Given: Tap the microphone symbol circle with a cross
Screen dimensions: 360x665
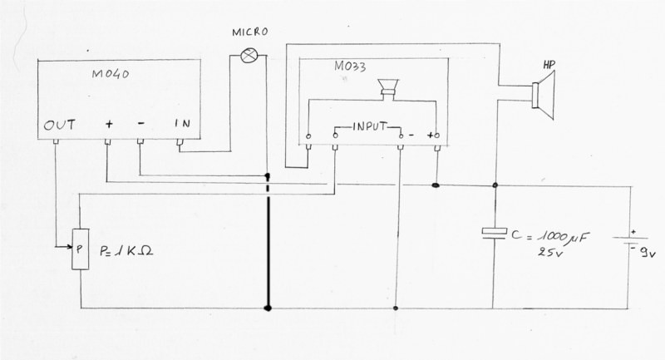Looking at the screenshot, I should [247, 55].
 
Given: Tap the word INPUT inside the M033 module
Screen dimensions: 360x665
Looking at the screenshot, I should [368, 127].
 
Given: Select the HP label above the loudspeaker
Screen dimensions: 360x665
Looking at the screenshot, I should [549, 64].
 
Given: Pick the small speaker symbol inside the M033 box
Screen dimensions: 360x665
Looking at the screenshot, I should [387, 88].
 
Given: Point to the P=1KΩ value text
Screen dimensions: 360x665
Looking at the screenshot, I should [129, 248].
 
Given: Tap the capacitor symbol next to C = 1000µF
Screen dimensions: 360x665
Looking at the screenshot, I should [495, 234].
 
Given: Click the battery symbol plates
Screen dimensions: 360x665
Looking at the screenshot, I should [628, 242].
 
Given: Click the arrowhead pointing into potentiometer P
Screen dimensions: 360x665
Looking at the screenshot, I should [70, 247].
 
